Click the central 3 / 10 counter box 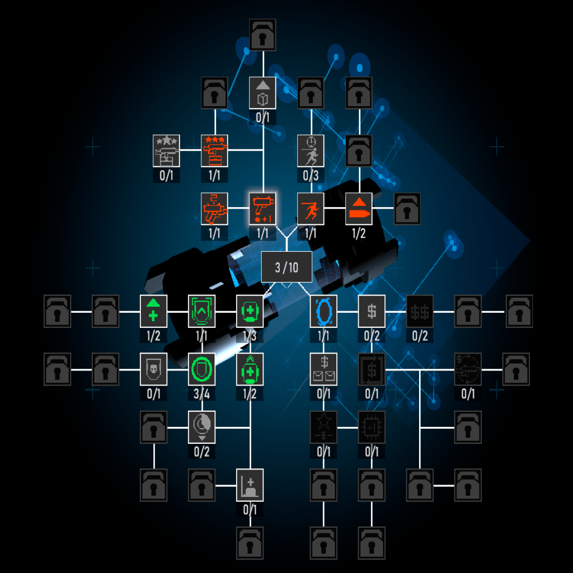point(287,267)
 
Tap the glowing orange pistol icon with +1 point(262,207)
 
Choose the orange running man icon point(311,207)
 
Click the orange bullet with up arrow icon point(359,207)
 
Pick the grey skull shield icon point(153,369)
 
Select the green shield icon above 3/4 point(201,369)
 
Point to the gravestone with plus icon point(250,484)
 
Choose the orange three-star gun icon point(214,149)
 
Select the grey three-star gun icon point(166,149)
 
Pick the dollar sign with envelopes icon point(323,369)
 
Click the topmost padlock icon point(262,34)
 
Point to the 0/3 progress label point(311,176)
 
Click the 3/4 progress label point(201,394)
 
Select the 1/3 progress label point(250,336)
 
